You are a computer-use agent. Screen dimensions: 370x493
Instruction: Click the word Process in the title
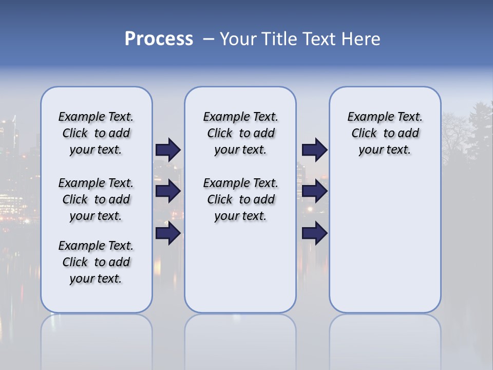pyautogui.click(x=159, y=39)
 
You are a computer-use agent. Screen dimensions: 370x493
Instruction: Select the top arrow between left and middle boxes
pyautogui.click(x=168, y=150)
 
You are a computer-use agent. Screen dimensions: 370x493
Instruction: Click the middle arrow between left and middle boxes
pyautogui.click(x=168, y=191)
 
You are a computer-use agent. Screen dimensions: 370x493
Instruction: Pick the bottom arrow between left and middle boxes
pyautogui.click(x=168, y=233)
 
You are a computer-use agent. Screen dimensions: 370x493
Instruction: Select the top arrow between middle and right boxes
pyautogui.click(x=314, y=150)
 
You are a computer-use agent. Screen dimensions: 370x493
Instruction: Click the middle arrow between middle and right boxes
pyautogui.click(x=314, y=191)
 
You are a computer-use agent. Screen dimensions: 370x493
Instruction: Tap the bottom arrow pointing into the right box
pyautogui.click(x=314, y=233)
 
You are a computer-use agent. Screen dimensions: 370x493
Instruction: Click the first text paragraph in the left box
pyautogui.click(x=96, y=133)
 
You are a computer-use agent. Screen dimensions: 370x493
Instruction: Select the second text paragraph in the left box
pyautogui.click(x=96, y=199)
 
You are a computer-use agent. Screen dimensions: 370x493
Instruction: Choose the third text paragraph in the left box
pyautogui.click(x=96, y=262)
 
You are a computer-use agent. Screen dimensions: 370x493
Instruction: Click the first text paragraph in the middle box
pyautogui.click(x=240, y=133)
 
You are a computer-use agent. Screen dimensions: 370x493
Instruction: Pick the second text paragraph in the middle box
pyautogui.click(x=240, y=199)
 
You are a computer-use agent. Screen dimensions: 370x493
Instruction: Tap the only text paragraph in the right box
pyautogui.click(x=385, y=133)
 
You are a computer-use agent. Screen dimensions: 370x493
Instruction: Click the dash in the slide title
pyautogui.click(x=208, y=39)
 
